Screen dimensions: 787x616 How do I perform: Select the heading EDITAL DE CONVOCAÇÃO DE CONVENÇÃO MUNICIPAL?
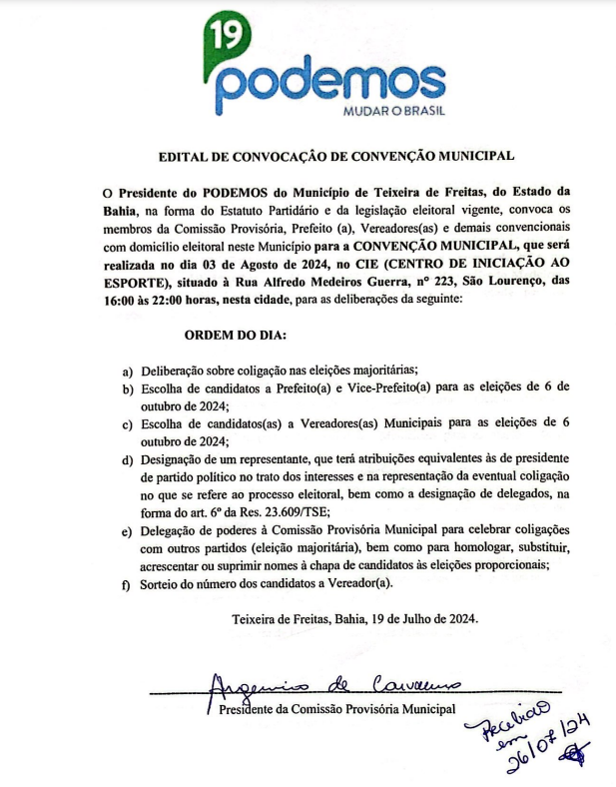pyautogui.click(x=336, y=157)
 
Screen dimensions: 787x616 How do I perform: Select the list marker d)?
pyautogui.click(x=127, y=459)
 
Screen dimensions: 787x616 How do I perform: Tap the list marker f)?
pyautogui.click(x=127, y=585)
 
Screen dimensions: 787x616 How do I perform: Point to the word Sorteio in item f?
pyautogui.click(x=162, y=584)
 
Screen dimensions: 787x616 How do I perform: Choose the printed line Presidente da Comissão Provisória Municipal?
pyautogui.click(x=336, y=709)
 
